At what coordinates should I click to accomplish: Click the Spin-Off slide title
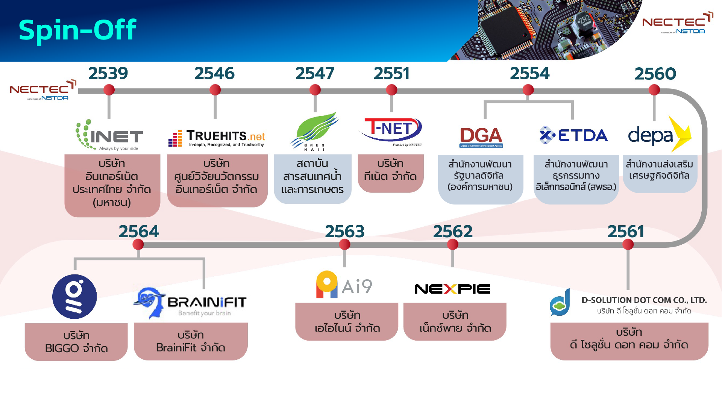pos(77,30)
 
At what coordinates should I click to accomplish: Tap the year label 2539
pos(108,73)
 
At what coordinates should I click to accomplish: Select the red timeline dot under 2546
pos(215,90)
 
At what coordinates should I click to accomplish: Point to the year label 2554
pos(529,73)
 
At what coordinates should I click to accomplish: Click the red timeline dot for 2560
pos(654,90)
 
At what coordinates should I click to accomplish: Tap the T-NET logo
pos(391,130)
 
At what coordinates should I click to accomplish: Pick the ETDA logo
pos(574,135)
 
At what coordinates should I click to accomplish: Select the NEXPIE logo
pos(452,289)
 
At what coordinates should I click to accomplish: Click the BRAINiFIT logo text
pos(207,302)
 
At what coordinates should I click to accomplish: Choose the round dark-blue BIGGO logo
pos(74,297)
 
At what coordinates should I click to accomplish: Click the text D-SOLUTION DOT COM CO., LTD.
pos(644,300)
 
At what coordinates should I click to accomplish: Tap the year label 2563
pos(344,232)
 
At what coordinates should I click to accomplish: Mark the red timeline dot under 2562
pos(453,244)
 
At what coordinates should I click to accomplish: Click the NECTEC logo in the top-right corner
pos(677,23)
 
